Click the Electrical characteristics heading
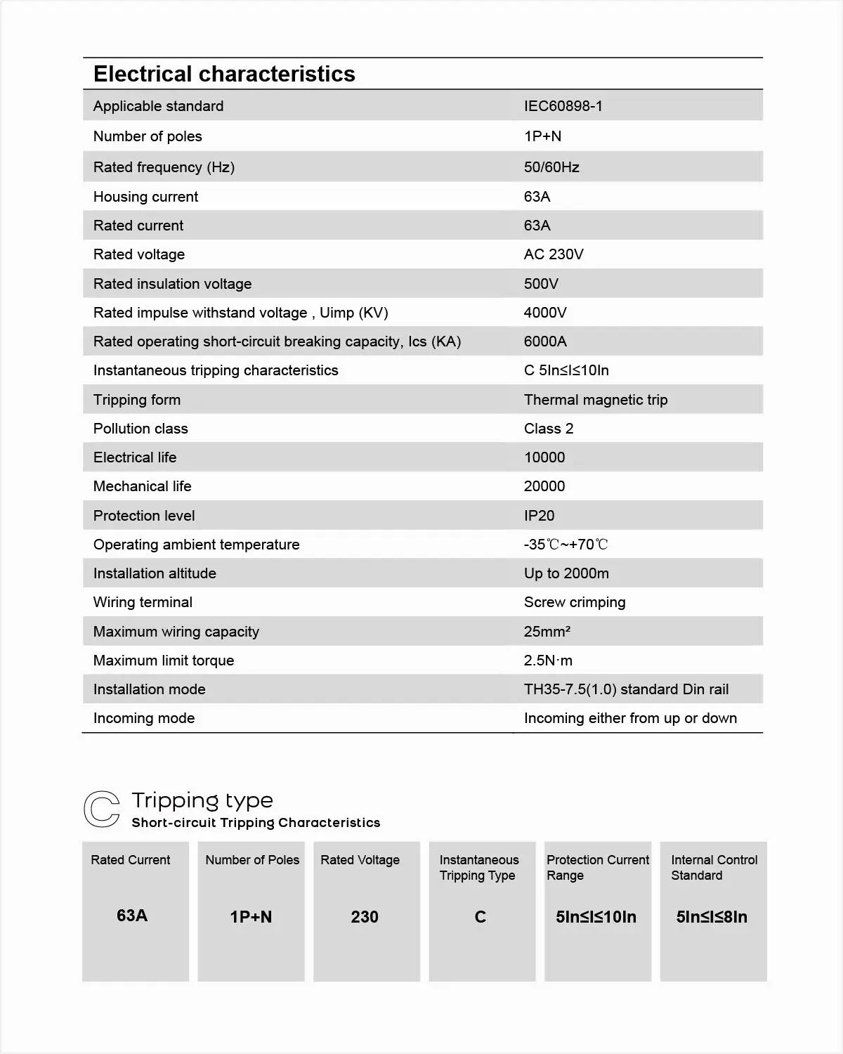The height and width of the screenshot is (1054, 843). click(x=224, y=74)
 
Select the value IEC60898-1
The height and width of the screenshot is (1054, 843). click(x=563, y=106)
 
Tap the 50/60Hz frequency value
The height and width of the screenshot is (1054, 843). click(x=551, y=167)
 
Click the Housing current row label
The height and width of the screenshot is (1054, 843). click(x=145, y=197)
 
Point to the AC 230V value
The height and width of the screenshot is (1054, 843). click(x=553, y=254)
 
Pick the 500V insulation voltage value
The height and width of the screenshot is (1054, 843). click(x=541, y=284)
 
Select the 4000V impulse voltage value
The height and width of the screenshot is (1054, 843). click(x=544, y=313)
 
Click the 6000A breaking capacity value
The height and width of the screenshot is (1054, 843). click(x=545, y=341)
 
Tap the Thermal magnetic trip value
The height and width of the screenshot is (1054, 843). click(x=595, y=400)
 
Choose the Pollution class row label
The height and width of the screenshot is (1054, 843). click(x=140, y=429)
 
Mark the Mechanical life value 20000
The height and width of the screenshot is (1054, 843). click(x=544, y=486)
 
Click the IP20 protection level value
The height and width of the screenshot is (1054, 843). click(x=539, y=516)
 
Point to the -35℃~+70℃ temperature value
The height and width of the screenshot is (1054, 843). click(x=566, y=545)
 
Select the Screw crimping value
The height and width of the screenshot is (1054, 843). click(x=574, y=602)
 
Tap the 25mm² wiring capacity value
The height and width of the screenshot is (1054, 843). click(x=547, y=632)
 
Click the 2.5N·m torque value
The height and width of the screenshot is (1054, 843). click(x=547, y=661)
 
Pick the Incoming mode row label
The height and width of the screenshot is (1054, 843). click(x=143, y=718)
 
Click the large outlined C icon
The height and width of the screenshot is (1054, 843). click(x=102, y=809)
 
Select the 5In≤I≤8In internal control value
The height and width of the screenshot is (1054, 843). click(x=712, y=917)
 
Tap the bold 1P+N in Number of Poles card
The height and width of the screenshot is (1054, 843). click(x=251, y=917)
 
